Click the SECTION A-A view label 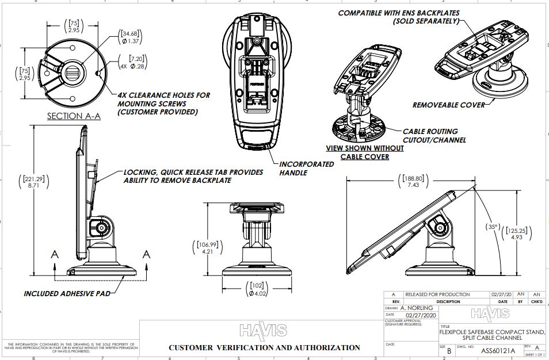coord(74,116)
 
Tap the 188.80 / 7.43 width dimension coord(413,182)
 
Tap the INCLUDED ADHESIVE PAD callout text coord(66,293)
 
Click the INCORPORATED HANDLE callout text coord(307,168)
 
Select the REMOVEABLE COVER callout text coord(448,105)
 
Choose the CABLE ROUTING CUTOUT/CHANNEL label coord(434,136)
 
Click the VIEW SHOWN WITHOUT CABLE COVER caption coord(365,152)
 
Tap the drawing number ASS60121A coord(498,348)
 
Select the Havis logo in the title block coord(490,313)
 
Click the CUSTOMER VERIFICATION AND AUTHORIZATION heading coord(264,347)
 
